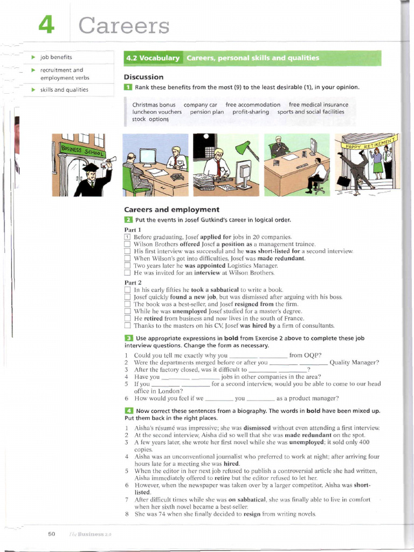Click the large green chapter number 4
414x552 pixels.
coord(46,25)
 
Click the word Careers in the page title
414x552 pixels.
coord(124,25)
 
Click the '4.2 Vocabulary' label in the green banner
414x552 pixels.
coord(153,58)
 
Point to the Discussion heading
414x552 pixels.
coord(143,77)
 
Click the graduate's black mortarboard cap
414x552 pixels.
coord(91,168)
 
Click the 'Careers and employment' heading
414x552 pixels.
coord(171,209)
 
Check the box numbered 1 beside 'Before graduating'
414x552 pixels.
coord(127,237)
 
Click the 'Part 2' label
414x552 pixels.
coord(133,282)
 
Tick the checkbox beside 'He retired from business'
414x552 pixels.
coord(127,319)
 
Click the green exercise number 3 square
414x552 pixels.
coord(128,337)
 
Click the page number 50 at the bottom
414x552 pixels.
coord(52,534)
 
